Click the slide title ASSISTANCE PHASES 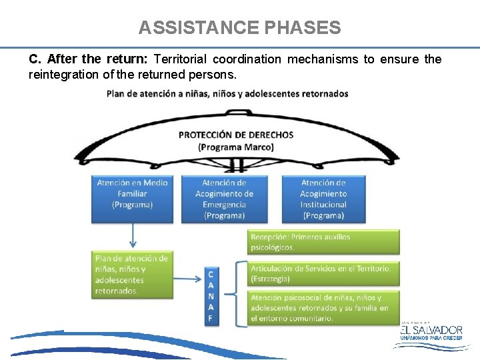pos(239,28)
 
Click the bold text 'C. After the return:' pos(89,59)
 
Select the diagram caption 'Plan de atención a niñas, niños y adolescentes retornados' pos(227,93)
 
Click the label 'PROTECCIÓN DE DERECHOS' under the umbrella pos(236,135)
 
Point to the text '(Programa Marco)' pos(236,147)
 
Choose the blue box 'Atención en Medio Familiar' pos(132,198)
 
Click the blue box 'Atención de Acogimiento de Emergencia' pos(224,198)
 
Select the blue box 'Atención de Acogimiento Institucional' pos(323,198)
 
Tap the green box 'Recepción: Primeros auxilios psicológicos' pos(323,242)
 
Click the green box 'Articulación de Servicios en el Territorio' pos(323,273)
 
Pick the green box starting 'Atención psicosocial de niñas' pos(323,308)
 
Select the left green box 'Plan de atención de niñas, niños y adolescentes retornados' pos(132,275)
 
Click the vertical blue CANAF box pos(211,297)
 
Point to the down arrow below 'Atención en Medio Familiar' pos(133,235)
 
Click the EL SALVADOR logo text pos(431,329)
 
